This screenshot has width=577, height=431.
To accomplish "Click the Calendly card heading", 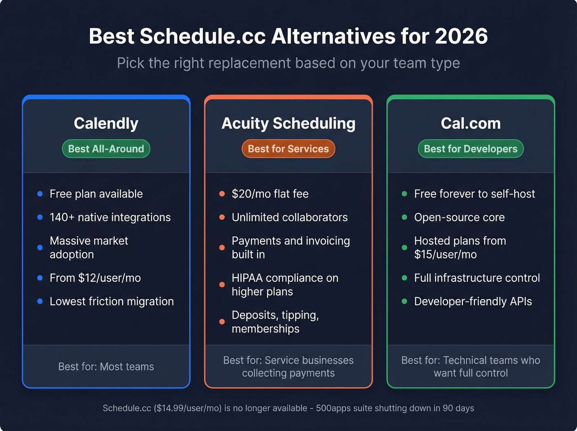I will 106,123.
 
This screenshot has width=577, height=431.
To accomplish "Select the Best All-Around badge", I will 106,149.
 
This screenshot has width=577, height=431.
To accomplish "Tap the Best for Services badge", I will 288,149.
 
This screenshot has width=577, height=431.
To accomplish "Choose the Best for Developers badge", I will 471,149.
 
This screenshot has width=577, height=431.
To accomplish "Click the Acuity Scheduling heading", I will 288,123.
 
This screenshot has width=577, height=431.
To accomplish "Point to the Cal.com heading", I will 471,123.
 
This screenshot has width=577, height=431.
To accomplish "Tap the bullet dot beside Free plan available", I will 40,194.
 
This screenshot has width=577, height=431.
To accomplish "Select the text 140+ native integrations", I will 110,217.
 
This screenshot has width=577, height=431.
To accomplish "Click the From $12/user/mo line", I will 95,278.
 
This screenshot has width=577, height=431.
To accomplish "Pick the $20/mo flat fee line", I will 270,194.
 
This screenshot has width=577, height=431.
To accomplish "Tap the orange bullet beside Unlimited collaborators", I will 222,217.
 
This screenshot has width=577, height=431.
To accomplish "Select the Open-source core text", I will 459,217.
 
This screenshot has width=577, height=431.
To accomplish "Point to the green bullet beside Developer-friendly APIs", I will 404,301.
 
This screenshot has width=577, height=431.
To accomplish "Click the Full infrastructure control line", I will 477,278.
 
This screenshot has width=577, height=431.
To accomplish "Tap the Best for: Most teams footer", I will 106,367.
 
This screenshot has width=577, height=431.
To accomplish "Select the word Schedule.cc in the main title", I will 202,36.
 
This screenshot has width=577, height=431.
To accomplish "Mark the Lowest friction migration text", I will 112,301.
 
